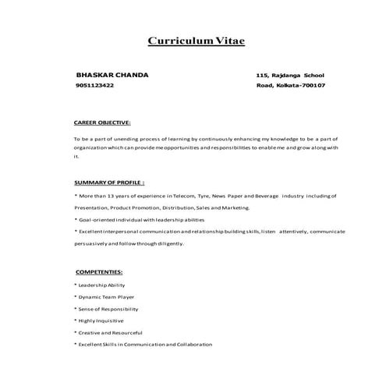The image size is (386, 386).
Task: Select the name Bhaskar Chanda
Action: coord(112,75)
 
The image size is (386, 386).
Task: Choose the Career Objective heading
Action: coord(102,123)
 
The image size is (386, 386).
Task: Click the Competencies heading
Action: coord(99,272)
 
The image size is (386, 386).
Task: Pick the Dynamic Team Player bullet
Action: coord(106,297)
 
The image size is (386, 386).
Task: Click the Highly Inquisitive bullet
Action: coord(100,320)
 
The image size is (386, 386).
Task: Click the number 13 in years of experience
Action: coord(114,197)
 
